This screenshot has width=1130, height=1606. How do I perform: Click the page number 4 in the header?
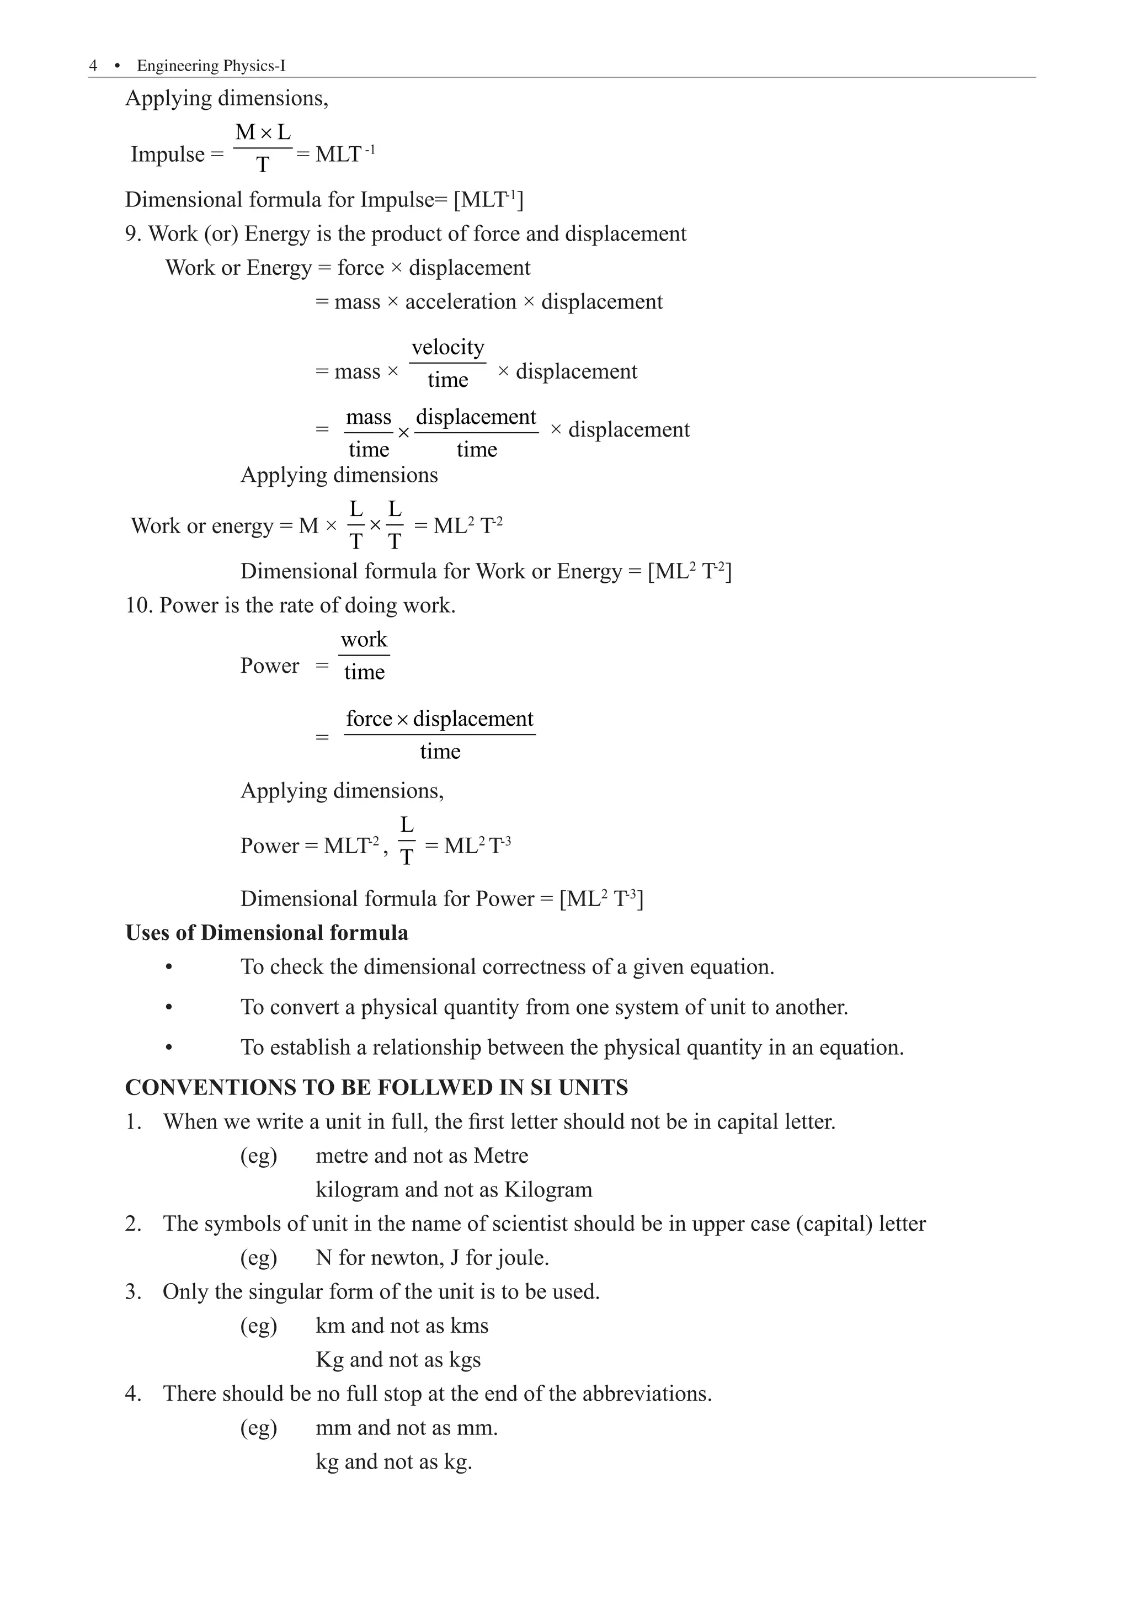[93, 66]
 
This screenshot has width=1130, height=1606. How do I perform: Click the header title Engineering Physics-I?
[211, 66]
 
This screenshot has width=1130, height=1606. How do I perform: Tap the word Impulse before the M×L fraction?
[168, 155]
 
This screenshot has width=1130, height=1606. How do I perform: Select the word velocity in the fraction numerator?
[447, 347]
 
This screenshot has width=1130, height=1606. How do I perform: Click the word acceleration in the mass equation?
[460, 302]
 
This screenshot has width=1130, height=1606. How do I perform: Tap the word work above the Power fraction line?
[364, 639]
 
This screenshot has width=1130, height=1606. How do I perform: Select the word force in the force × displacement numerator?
[369, 719]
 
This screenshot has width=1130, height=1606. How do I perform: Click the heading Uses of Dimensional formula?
[266, 933]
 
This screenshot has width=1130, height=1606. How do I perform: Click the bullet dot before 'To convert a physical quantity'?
[168, 1008]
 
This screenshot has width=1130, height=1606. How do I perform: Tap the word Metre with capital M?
[500, 1156]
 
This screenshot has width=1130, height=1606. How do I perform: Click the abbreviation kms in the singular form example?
[469, 1326]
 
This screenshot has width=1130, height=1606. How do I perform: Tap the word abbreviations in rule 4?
[644, 1394]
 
